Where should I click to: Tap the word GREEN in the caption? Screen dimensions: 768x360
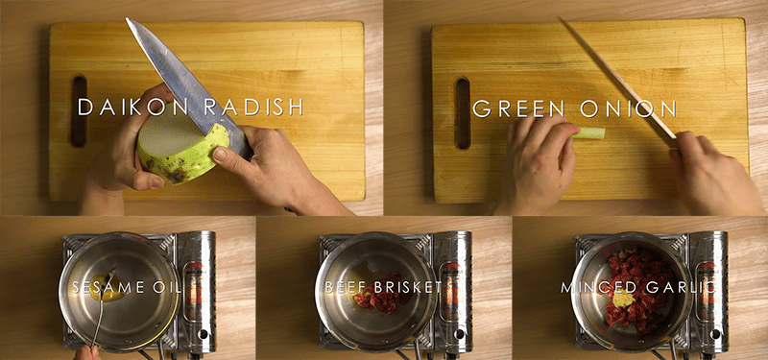coord(518,108)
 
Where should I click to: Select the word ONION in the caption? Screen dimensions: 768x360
coord(628,108)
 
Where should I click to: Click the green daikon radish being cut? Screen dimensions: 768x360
coord(182,149)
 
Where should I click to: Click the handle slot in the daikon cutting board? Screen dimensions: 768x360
coord(79,111)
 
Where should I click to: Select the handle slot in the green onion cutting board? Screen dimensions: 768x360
coord(462,113)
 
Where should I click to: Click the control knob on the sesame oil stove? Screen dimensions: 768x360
coord(201,334)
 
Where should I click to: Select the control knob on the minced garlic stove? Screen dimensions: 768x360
coord(714,334)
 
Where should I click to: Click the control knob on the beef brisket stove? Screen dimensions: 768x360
coord(458,334)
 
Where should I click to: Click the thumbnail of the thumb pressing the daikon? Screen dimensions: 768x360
coord(220,155)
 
